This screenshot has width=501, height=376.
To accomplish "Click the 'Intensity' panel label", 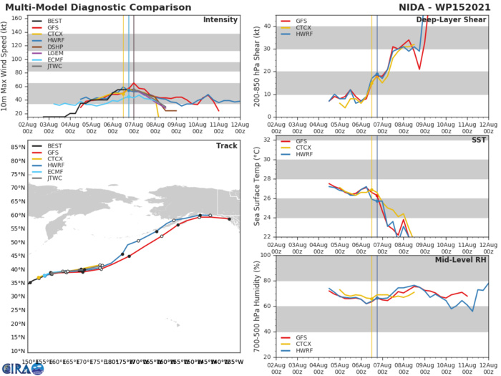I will [220, 20].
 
